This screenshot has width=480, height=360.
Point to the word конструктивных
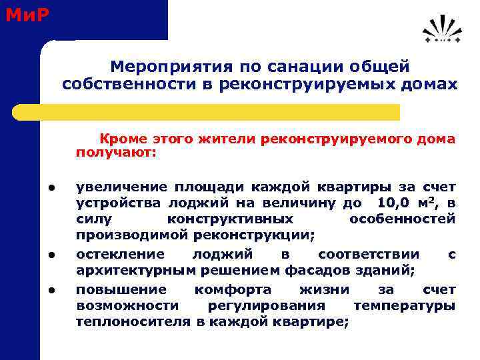[229, 219]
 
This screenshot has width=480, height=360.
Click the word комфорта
[233, 289]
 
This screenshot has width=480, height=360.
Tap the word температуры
[405, 305]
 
